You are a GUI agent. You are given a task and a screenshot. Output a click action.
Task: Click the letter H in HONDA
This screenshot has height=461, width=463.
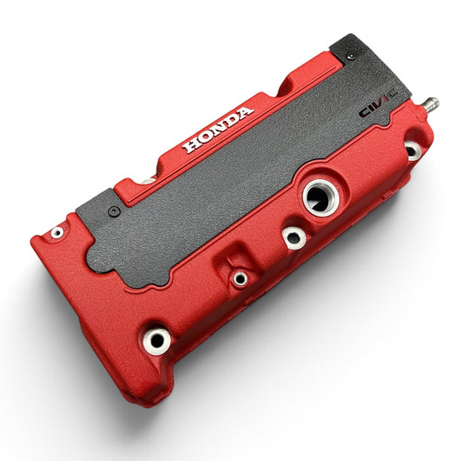(x=190, y=144)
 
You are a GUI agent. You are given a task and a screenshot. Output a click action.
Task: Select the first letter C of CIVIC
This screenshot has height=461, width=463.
(x=365, y=112)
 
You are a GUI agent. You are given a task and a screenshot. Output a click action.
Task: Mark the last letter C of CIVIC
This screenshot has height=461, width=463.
(x=393, y=94)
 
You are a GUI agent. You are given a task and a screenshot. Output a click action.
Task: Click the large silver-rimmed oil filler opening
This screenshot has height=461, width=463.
(x=321, y=197)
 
